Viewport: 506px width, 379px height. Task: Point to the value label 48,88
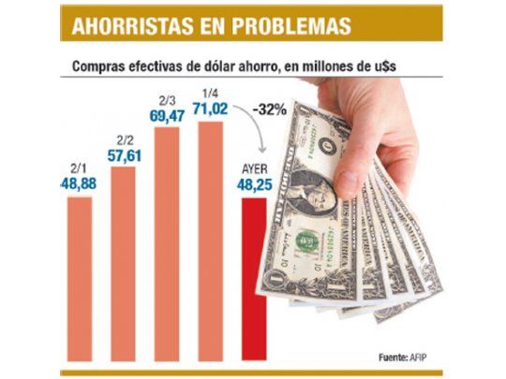[x=80, y=185]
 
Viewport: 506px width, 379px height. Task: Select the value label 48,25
[x=253, y=184]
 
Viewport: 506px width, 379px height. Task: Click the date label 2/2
[x=123, y=140]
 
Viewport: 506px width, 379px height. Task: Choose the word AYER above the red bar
[x=253, y=168]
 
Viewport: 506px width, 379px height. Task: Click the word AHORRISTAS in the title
[x=127, y=26]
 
